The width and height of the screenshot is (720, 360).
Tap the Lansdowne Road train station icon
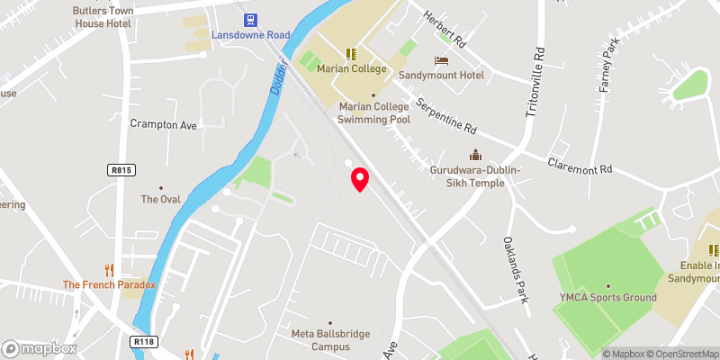click(250, 19)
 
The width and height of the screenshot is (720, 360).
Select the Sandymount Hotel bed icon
click(441, 60)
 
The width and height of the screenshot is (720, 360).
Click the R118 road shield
click(142, 341)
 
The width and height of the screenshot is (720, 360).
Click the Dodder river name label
click(277, 79)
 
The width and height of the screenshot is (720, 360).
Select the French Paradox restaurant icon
click(109, 269)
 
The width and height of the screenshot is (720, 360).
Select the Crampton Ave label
click(163, 124)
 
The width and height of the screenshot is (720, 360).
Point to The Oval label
click(161, 199)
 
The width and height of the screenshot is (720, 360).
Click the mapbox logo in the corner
click(40, 348)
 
